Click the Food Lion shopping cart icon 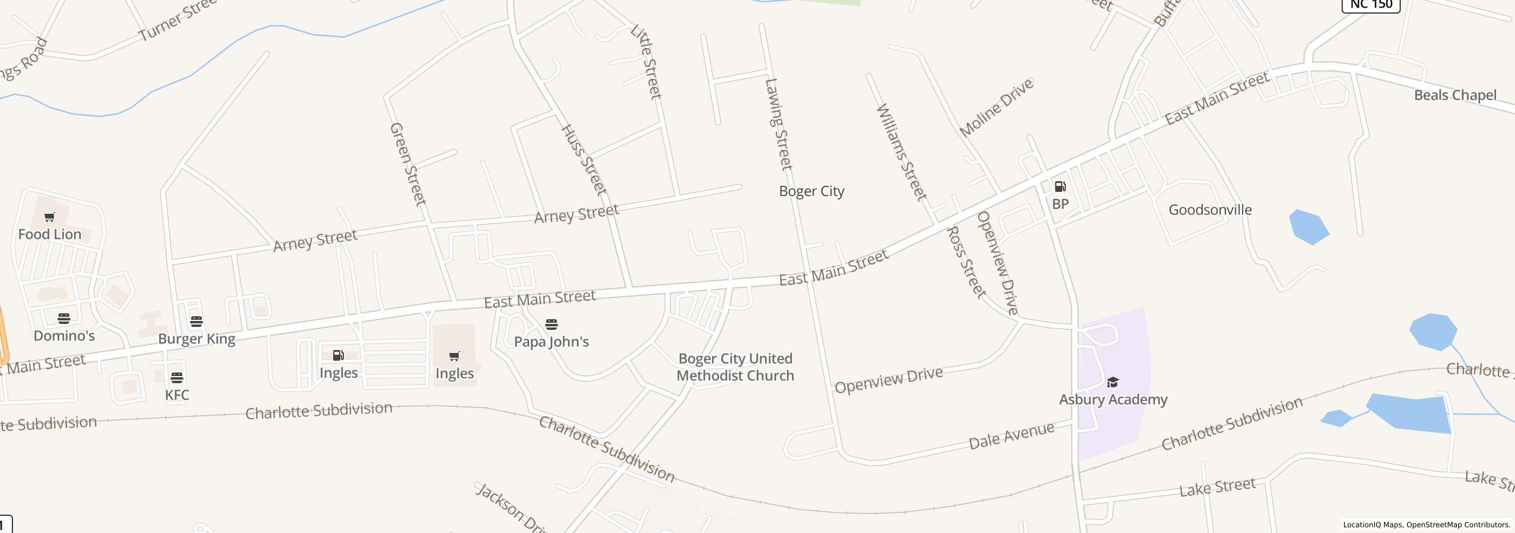click(50, 217)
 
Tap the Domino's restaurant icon click(64, 319)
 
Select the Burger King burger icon click(196, 322)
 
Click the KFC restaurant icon click(177, 378)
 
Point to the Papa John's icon click(552, 325)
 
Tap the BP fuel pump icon click(1060, 187)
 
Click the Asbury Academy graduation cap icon click(1113, 382)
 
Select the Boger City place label click(811, 191)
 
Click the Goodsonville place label click(1210, 210)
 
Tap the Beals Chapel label click(1455, 95)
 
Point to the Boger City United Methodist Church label click(735, 367)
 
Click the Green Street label click(408, 164)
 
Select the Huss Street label click(584, 159)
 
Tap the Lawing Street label click(778, 124)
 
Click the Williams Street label click(901, 152)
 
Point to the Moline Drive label click(996, 107)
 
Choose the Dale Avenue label click(1011, 435)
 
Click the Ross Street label click(966, 262)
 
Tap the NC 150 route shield click(1371, 5)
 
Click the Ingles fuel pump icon click(339, 355)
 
